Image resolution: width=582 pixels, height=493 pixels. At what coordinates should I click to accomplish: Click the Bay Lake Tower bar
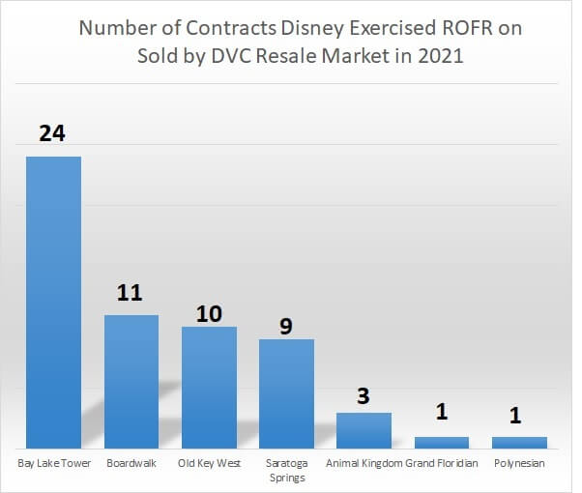pyautogui.click(x=53, y=302)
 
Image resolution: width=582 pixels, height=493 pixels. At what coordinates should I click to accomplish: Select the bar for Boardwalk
pyautogui.click(x=131, y=381)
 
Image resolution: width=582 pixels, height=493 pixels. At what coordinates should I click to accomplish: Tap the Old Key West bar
pyautogui.click(x=209, y=387)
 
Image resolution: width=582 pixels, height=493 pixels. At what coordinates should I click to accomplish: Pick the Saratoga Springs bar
pyautogui.click(x=286, y=392)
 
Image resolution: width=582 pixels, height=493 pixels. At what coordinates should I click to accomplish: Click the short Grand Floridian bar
pyautogui.click(x=442, y=442)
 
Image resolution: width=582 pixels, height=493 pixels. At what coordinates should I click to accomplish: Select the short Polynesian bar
pyautogui.click(x=519, y=442)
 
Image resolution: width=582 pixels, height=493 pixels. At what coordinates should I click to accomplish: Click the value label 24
pyautogui.click(x=52, y=133)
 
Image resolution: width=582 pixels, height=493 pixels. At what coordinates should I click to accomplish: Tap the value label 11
pyautogui.click(x=131, y=293)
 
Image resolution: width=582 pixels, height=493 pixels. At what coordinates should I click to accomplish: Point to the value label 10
pyautogui.click(x=209, y=313)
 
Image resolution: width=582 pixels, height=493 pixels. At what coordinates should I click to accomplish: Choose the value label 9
pyautogui.click(x=286, y=326)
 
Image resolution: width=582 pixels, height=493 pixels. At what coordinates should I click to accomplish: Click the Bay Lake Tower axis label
pyautogui.click(x=53, y=463)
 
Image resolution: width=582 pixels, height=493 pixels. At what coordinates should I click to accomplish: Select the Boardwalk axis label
pyautogui.click(x=131, y=463)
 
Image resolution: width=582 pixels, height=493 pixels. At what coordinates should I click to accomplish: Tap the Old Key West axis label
pyautogui.click(x=209, y=463)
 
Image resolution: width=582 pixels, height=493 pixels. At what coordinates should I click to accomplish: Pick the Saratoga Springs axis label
pyautogui.click(x=286, y=470)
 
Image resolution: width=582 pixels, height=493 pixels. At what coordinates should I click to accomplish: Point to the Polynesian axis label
pyautogui.click(x=519, y=463)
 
